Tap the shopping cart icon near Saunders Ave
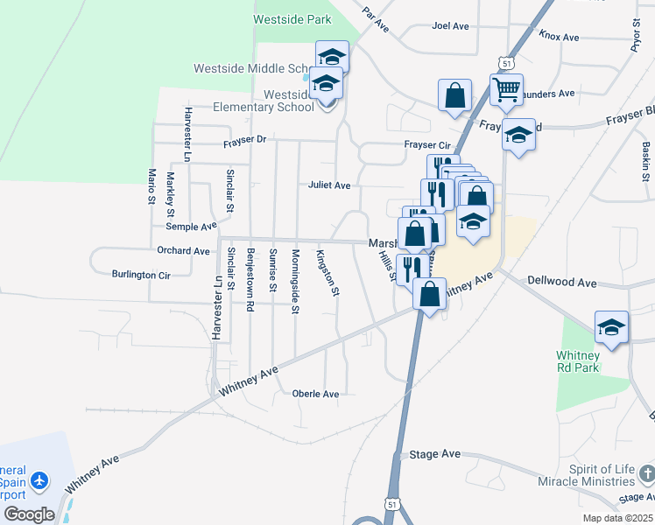coord(506,90)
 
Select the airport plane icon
coord(39,480)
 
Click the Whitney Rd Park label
coord(578,362)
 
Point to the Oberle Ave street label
coord(315,394)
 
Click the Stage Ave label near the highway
coord(435,454)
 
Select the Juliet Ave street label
coord(328,185)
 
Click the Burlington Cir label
coord(140,275)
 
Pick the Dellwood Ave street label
coord(561,283)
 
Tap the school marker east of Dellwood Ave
coord(611,328)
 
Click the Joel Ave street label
coord(451,25)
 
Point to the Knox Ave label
coord(560,37)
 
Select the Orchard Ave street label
coord(184,251)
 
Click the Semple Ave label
coord(191,226)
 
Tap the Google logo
coord(29,514)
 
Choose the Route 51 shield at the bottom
coord(393,504)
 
